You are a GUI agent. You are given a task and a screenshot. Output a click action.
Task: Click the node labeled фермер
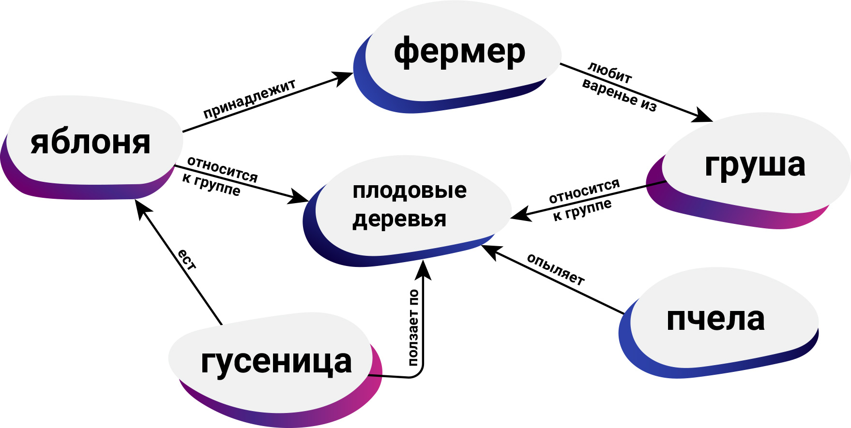click(459, 52)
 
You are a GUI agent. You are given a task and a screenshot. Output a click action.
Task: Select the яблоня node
click(91, 143)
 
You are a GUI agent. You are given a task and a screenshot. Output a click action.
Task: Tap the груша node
click(755, 165)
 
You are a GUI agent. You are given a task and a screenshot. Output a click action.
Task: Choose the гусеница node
click(276, 362)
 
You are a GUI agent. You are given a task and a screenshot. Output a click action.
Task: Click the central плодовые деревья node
click(409, 205)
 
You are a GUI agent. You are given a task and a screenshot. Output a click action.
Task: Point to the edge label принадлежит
click(249, 99)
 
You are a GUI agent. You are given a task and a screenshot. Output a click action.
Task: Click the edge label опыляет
click(556, 269)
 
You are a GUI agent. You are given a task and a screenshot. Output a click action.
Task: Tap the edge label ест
click(186, 260)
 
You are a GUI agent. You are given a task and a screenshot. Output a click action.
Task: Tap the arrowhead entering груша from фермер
click(704, 117)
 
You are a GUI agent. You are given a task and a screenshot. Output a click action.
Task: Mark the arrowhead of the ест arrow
click(140, 208)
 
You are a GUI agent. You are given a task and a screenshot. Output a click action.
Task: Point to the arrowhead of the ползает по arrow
click(424, 269)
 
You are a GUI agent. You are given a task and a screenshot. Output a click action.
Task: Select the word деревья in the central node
click(399, 219)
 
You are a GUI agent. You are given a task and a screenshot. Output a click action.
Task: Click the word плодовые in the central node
click(410, 191)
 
